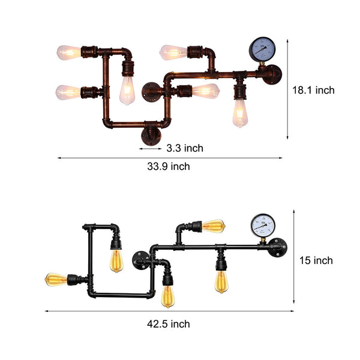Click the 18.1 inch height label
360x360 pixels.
[313, 91]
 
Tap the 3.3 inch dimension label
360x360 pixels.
[184, 148]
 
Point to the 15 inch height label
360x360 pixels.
[316, 260]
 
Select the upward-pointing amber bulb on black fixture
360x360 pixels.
[214, 226]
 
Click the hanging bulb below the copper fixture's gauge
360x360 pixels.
[240, 112]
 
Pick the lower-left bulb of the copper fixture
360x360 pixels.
[68, 92]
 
